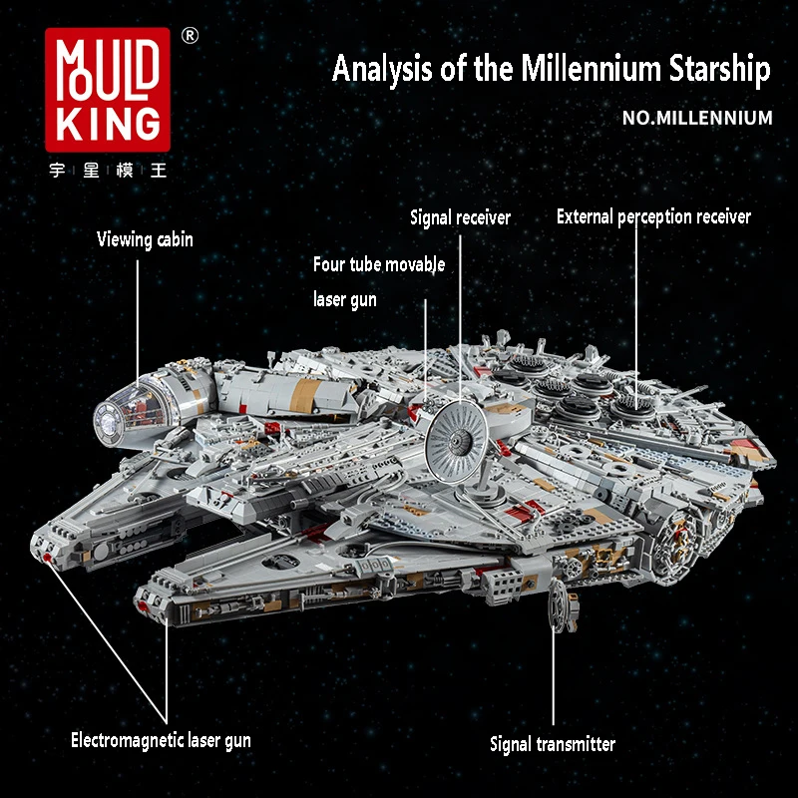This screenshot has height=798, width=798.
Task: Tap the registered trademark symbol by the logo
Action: point(190,35)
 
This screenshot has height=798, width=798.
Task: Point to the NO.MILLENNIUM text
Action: point(697,118)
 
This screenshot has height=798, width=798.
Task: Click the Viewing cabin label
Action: point(145,239)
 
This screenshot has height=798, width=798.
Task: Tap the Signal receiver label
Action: point(460,217)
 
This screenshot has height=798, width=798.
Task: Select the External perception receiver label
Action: point(653,216)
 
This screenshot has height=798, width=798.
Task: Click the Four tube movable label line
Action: point(379,265)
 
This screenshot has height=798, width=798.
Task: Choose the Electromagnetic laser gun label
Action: point(161,740)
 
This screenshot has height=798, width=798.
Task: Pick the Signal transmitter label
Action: point(553,744)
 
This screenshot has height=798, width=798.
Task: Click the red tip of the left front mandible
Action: point(47,559)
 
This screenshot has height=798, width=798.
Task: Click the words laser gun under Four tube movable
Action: point(345,299)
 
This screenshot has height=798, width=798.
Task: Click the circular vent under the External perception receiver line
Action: point(630,404)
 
